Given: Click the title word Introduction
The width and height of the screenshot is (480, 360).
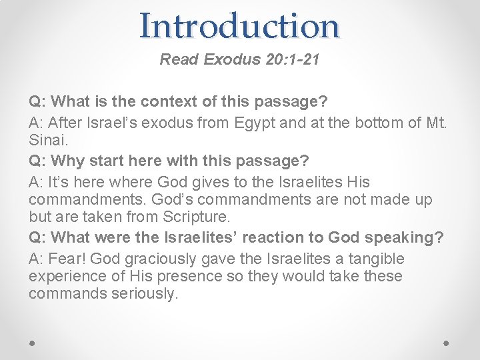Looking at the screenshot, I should pos(240,26).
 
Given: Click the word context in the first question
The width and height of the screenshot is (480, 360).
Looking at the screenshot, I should pos(176,102).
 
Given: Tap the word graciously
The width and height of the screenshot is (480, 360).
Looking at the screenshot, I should pos(163,258).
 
